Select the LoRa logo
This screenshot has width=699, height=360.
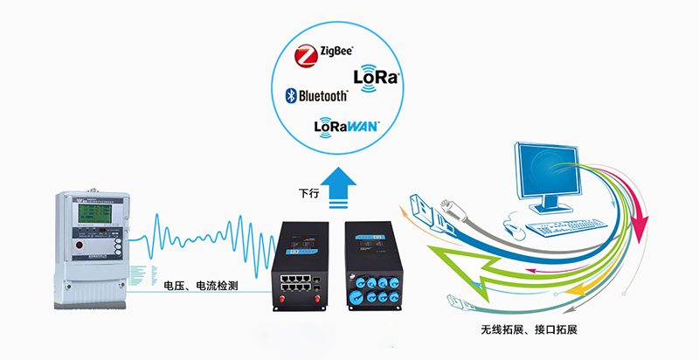click(x=377, y=77)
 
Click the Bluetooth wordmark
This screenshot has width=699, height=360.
click(x=324, y=94)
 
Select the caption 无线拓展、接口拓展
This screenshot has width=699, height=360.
click(x=529, y=330)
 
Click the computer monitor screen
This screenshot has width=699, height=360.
click(x=548, y=171)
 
